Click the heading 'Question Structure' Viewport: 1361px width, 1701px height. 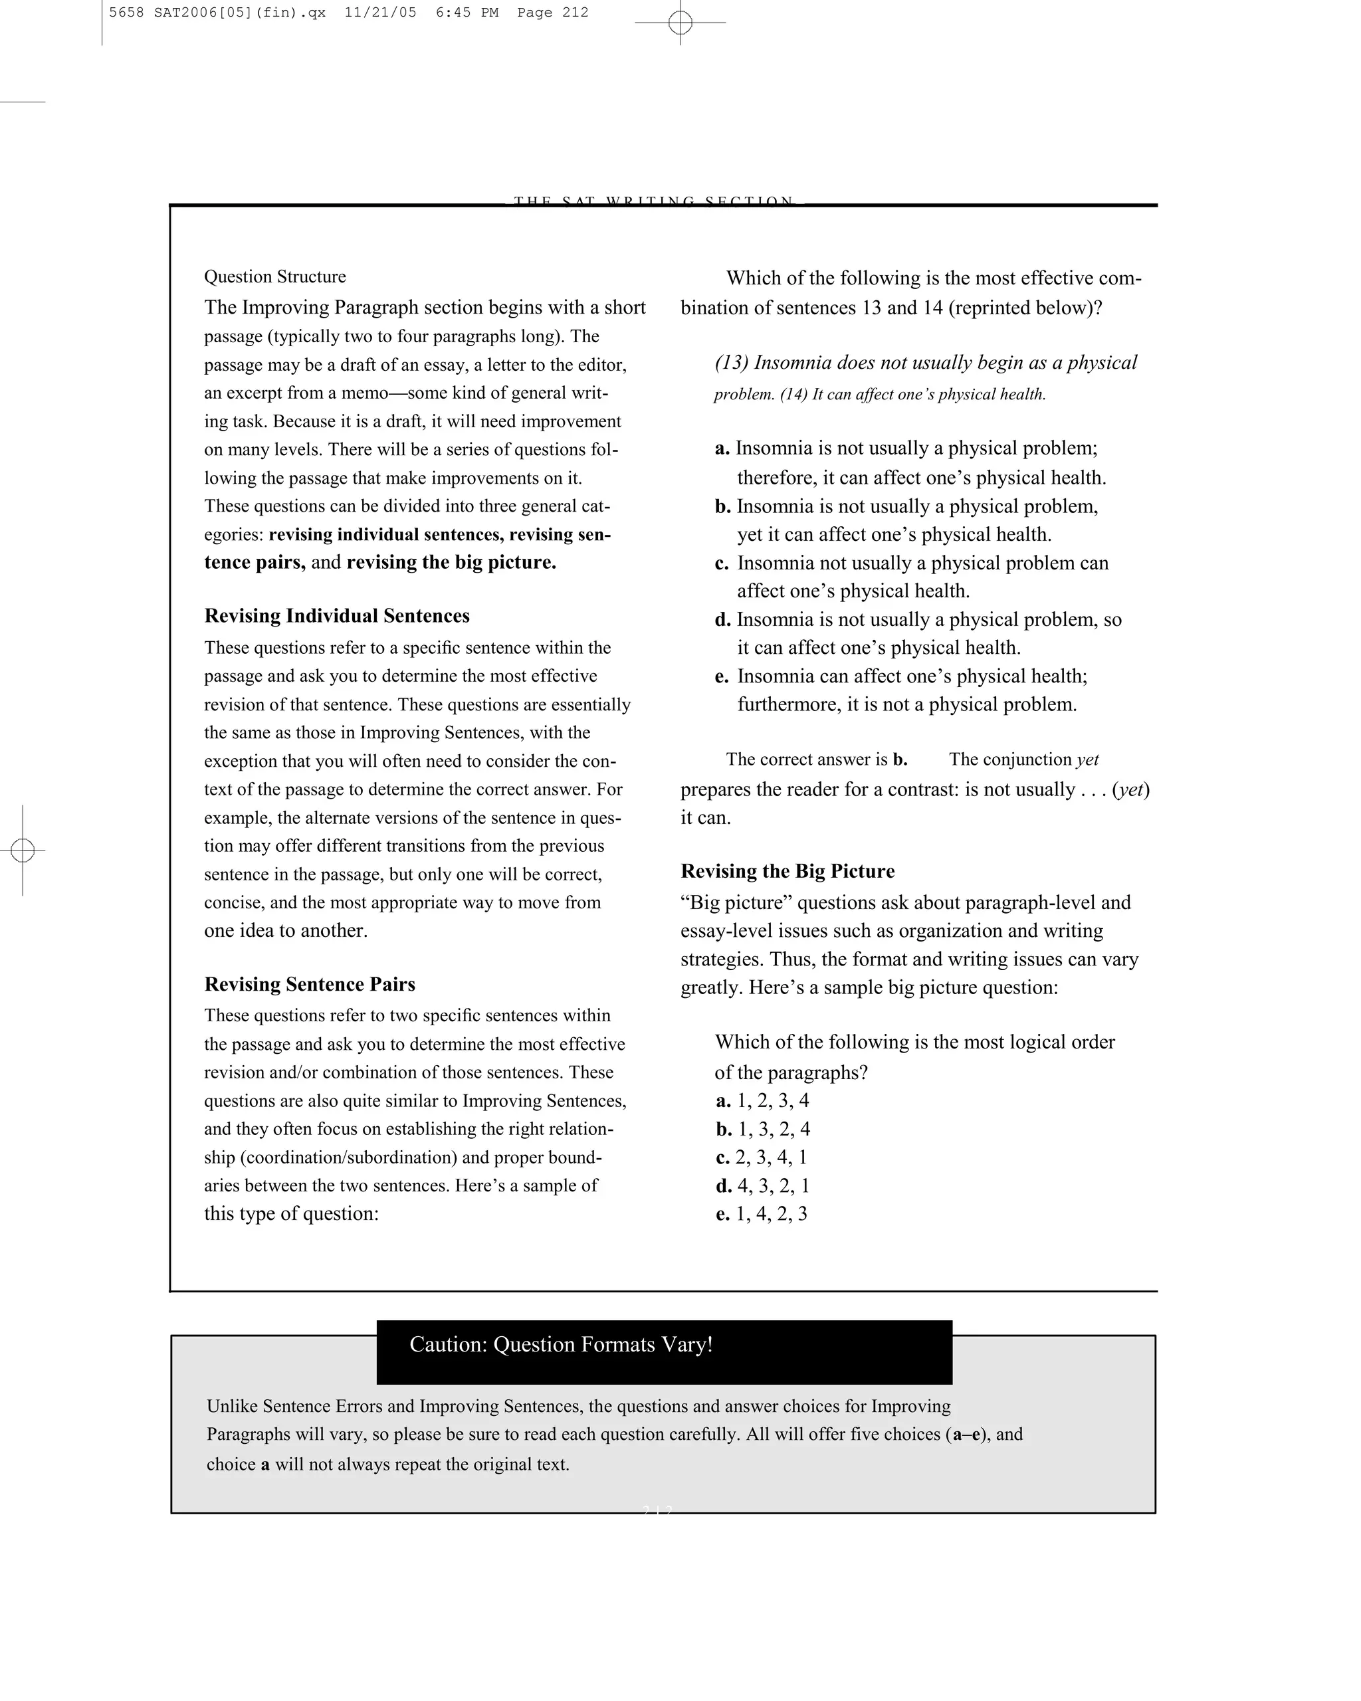coord(274,277)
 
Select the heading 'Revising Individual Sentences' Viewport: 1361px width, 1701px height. coord(337,616)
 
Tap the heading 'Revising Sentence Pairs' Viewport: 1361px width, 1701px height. coord(309,985)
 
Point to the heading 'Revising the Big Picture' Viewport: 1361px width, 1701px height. coord(787,872)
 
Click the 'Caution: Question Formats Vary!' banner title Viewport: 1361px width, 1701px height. coord(561,1345)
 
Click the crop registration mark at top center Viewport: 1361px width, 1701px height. coord(680,23)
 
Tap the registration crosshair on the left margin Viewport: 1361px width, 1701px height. coord(23,850)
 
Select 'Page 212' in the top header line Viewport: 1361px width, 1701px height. coord(552,13)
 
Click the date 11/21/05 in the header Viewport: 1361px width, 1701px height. coord(380,13)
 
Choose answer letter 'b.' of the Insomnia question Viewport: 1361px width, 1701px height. coord(723,506)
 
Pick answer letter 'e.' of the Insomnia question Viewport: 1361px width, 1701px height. coord(721,677)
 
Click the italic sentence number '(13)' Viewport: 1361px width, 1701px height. coord(732,363)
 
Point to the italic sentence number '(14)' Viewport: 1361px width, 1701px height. coord(793,395)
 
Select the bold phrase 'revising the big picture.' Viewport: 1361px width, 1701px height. coord(451,563)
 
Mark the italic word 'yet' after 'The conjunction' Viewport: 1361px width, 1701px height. coord(1087,759)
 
